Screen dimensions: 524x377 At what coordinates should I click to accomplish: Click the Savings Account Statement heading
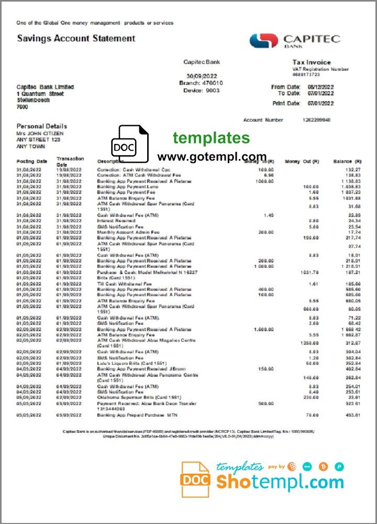pyautogui.click(x=76, y=38)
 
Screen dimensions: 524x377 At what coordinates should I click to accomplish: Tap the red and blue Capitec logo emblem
pyautogui.click(x=263, y=41)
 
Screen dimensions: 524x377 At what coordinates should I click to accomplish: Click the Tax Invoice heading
pyautogui.click(x=311, y=62)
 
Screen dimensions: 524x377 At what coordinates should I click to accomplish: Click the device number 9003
pyautogui.click(x=213, y=90)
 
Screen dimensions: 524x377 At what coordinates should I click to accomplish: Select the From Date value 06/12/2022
pyautogui.click(x=320, y=87)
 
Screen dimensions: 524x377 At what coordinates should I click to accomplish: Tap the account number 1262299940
pyautogui.click(x=316, y=120)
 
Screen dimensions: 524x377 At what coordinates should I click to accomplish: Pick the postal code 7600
pyautogui.click(x=23, y=107)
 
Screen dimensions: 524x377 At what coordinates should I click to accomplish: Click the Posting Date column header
pyautogui.click(x=32, y=161)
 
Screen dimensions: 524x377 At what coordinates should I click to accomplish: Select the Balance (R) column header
pyautogui.click(x=347, y=161)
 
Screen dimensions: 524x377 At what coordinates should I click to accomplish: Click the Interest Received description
pyautogui.click(x=116, y=221)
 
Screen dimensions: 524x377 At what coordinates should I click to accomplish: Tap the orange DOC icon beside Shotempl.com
pyautogui.click(x=195, y=479)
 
